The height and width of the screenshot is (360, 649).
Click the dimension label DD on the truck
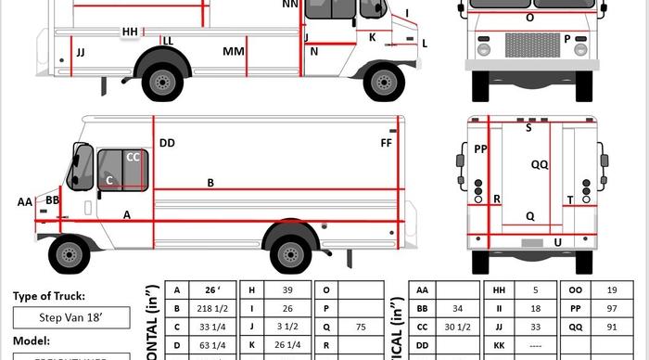(x=167, y=143)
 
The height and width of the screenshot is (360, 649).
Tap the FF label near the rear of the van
(x=387, y=143)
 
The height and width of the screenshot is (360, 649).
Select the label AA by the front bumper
(x=24, y=201)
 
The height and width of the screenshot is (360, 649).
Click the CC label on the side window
(x=133, y=158)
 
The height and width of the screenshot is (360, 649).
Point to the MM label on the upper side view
(x=234, y=52)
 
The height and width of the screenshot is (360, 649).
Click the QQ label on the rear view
(x=540, y=164)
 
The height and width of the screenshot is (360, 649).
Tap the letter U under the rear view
(x=557, y=242)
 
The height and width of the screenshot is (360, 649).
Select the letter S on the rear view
(x=528, y=128)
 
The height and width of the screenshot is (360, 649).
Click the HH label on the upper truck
(x=130, y=32)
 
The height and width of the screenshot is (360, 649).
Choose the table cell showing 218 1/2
(x=211, y=308)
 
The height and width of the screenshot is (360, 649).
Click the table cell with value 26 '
(x=211, y=290)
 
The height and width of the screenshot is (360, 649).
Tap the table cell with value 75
(x=361, y=326)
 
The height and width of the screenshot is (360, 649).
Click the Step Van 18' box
(x=70, y=317)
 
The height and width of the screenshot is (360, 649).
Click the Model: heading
(x=32, y=341)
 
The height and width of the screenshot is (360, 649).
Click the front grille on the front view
(x=531, y=45)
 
